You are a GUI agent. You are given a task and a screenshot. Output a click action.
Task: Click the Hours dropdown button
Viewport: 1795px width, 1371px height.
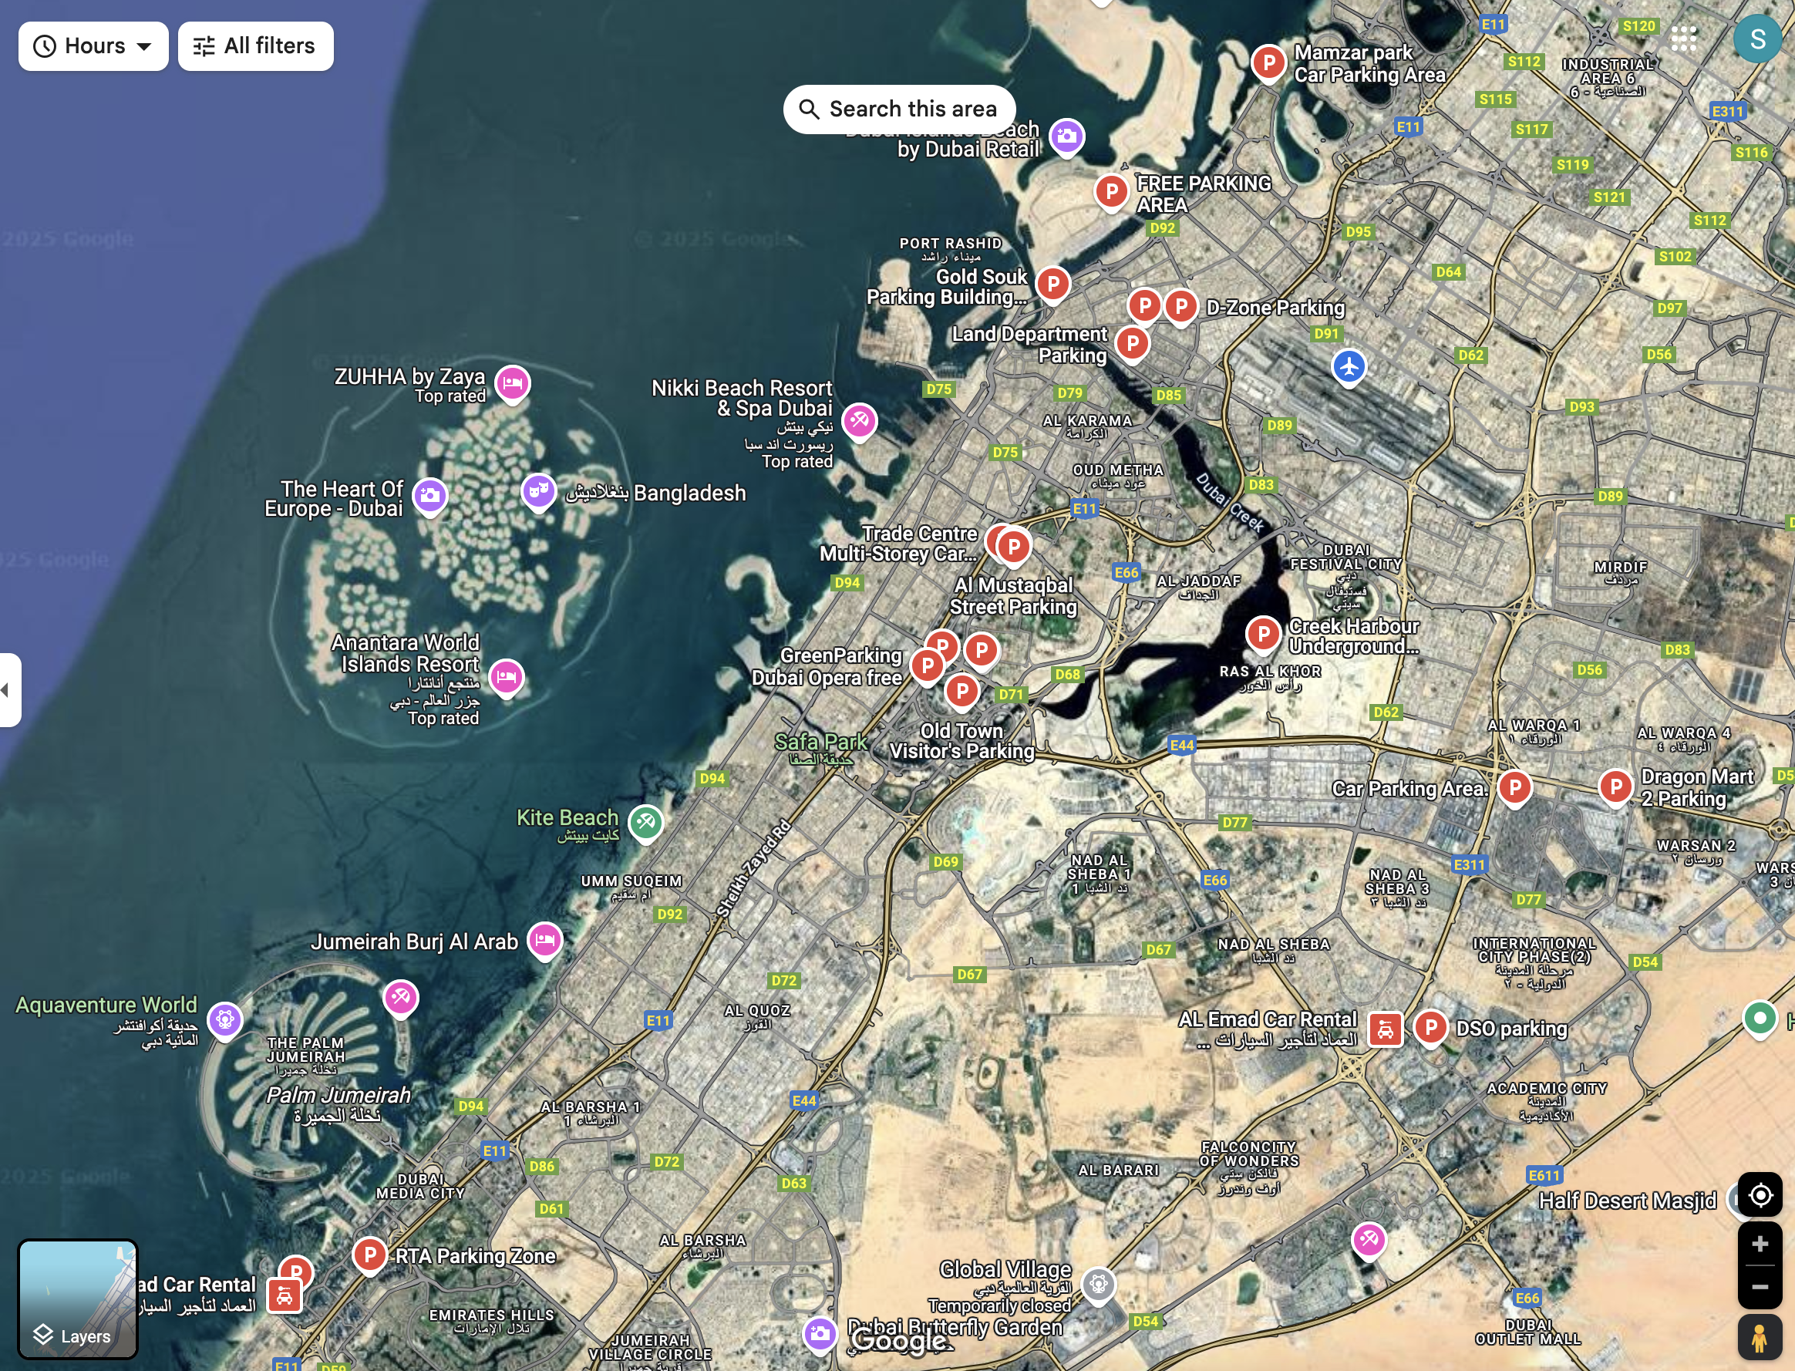coord(93,45)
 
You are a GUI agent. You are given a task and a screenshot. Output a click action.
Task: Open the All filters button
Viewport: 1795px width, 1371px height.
coord(255,45)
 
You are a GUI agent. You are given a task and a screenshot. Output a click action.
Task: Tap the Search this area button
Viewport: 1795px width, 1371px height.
coord(899,109)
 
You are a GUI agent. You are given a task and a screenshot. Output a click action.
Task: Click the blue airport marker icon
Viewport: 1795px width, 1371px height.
coord(1349,365)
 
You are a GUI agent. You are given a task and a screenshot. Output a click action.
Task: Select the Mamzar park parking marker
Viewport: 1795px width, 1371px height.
coord(1268,62)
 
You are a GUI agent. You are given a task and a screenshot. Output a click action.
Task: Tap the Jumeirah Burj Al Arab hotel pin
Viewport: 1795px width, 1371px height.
coord(545,939)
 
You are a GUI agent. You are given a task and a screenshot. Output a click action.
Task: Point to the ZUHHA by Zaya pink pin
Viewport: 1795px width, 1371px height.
coord(513,382)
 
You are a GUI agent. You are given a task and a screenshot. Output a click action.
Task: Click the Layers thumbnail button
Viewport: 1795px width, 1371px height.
coord(79,1298)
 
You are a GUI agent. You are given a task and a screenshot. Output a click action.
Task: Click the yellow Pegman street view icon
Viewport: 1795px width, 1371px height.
coord(1759,1338)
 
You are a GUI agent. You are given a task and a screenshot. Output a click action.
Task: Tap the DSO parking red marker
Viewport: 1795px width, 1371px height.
coord(1430,1026)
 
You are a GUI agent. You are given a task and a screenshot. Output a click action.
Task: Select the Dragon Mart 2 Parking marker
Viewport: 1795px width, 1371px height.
coord(1615,786)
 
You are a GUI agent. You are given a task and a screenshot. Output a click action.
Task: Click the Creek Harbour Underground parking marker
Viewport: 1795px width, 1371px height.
coord(1263,633)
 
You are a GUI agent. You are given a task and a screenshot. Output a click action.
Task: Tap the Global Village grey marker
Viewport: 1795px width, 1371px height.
coord(1098,1284)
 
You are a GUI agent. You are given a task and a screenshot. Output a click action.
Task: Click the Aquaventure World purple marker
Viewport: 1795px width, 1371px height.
coord(225,1019)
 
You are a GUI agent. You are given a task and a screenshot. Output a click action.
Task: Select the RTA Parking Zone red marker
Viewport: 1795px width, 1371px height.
coord(369,1254)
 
